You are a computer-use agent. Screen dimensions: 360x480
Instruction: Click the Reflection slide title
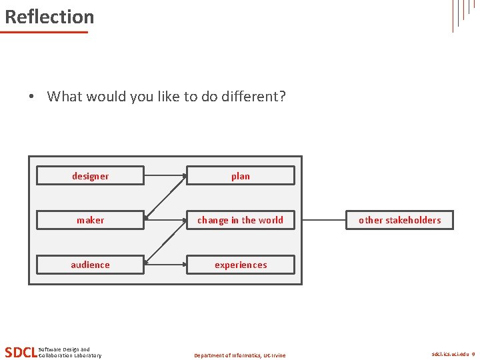point(49,17)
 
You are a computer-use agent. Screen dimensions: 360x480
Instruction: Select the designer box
point(90,176)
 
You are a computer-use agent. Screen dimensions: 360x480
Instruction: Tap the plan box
point(240,176)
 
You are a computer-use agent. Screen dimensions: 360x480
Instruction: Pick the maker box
point(90,220)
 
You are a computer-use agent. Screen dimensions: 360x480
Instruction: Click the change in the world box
point(240,220)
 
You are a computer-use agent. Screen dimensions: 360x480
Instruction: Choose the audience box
point(90,265)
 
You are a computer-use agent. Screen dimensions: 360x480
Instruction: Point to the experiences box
point(240,265)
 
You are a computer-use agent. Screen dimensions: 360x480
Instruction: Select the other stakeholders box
point(399,220)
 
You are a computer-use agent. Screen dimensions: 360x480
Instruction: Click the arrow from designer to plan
point(165,176)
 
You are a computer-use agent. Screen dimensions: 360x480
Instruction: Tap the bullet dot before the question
point(31,97)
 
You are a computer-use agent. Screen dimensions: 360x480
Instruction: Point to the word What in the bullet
point(65,97)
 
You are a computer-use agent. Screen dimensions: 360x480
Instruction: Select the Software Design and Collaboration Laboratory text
point(70,353)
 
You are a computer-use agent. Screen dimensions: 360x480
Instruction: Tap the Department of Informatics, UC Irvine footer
point(239,355)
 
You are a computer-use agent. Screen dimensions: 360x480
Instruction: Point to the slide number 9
point(473,355)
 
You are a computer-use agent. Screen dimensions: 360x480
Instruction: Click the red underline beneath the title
point(45,31)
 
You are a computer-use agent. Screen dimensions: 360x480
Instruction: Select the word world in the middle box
point(270,220)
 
